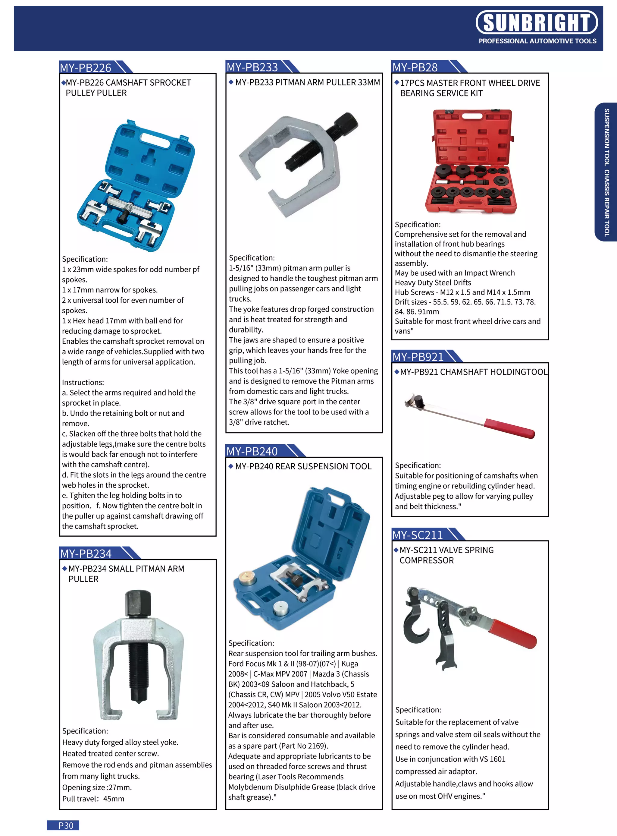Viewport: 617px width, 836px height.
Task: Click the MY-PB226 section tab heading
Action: (x=86, y=68)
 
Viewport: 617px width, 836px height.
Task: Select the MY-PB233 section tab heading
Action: (x=252, y=67)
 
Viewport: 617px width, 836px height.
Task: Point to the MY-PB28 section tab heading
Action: (x=415, y=67)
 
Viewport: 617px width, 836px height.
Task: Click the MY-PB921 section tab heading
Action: (x=418, y=357)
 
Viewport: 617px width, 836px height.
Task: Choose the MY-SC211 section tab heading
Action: (x=417, y=535)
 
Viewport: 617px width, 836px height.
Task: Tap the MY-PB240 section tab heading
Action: (x=252, y=451)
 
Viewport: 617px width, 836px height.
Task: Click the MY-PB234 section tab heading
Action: (x=86, y=553)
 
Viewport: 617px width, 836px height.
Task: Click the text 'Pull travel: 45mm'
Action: (x=93, y=799)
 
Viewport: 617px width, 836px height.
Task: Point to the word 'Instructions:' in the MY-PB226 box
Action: (x=83, y=382)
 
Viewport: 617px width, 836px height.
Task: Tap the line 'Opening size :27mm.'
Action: (x=97, y=787)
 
